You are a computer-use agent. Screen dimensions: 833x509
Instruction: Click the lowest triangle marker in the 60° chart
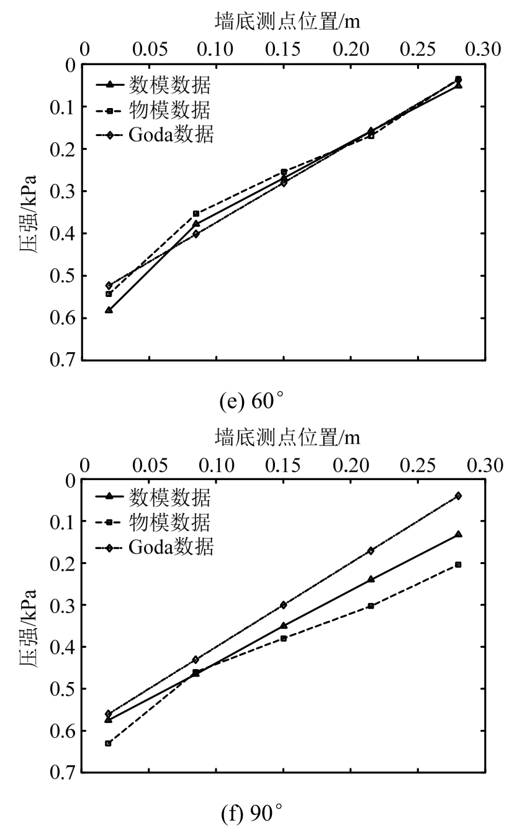pos(109,309)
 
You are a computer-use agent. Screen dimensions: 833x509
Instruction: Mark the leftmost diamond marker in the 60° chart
pos(109,285)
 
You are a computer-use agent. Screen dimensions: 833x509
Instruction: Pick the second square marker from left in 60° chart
pos(196,214)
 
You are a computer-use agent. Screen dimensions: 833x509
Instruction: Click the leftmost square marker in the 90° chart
pos(109,743)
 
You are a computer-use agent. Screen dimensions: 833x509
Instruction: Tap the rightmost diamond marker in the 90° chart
pos(458,496)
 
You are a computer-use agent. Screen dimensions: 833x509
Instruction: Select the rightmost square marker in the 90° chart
pos(458,564)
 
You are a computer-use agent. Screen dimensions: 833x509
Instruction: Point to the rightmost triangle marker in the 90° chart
pos(458,534)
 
